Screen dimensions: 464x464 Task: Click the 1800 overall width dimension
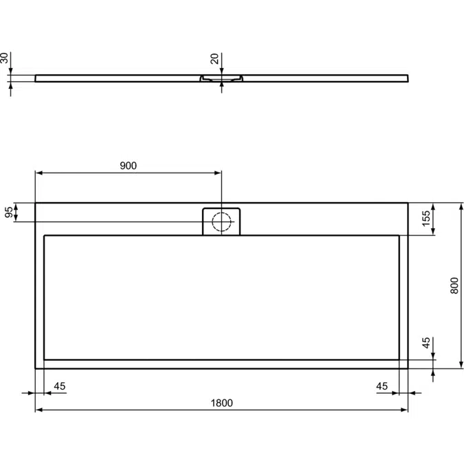[221, 404]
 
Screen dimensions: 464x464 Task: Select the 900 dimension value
[129, 166]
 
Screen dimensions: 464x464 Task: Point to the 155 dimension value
[426, 219]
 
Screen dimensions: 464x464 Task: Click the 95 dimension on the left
[9, 212]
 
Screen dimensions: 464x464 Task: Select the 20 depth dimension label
[214, 60]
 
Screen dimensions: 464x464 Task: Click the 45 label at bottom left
[59, 386]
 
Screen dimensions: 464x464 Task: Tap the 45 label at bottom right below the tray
[382, 386]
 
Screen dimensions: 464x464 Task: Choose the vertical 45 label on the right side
[426, 344]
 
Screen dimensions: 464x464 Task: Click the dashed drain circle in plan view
[221, 221]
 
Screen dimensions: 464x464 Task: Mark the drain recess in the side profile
[221, 79]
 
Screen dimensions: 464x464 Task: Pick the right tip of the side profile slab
[408, 78]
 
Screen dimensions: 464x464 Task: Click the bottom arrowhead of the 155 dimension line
[434, 232]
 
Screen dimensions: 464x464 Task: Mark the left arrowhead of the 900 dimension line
[38, 172]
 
